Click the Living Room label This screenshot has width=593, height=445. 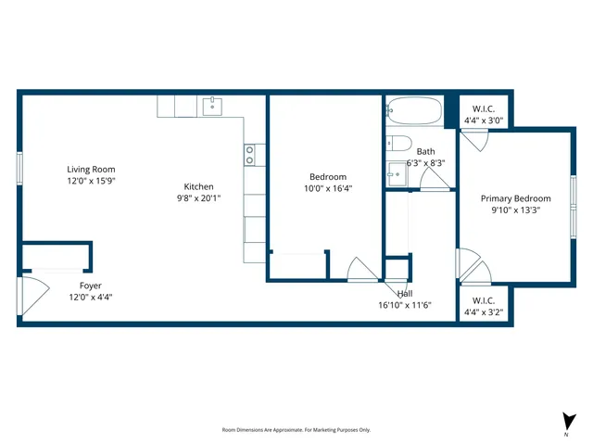click(91, 170)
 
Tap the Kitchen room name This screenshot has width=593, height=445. click(198, 186)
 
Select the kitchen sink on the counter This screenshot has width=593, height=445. click(212, 106)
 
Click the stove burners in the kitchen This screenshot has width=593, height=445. click(249, 155)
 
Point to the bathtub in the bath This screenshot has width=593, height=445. click(414, 111)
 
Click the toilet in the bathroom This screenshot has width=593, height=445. click(398, 143)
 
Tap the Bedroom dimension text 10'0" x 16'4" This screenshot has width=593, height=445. click(328, 188)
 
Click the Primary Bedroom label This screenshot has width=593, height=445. click(515, 198)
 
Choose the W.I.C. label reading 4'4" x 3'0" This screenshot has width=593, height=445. click(483, 120)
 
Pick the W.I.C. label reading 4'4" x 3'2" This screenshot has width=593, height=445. click(483, 312)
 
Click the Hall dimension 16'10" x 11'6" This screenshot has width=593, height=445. click(405, 305)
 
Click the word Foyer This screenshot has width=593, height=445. click(91, 286)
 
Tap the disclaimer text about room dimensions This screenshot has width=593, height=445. click(296, 429)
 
